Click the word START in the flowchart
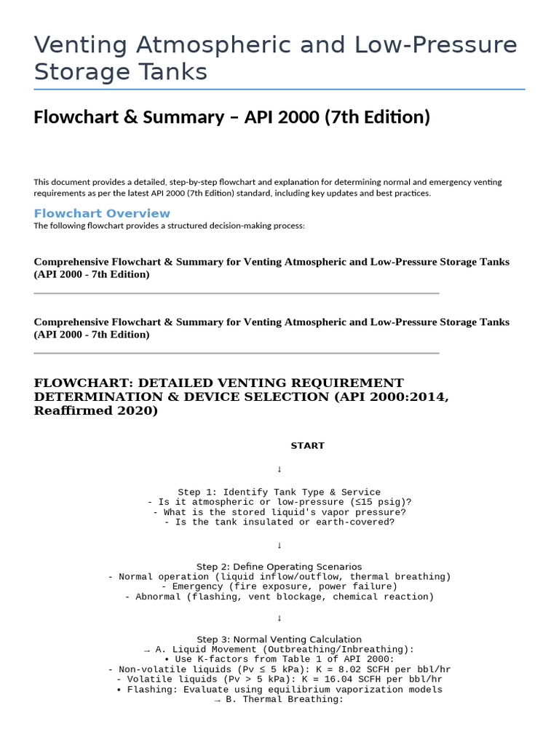307,445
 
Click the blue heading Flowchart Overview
102,213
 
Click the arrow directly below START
279,469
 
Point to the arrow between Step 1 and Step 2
279,545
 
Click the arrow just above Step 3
279,618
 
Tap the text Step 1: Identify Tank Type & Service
279,493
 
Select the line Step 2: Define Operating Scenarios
279,567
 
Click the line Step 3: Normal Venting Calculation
279,640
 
